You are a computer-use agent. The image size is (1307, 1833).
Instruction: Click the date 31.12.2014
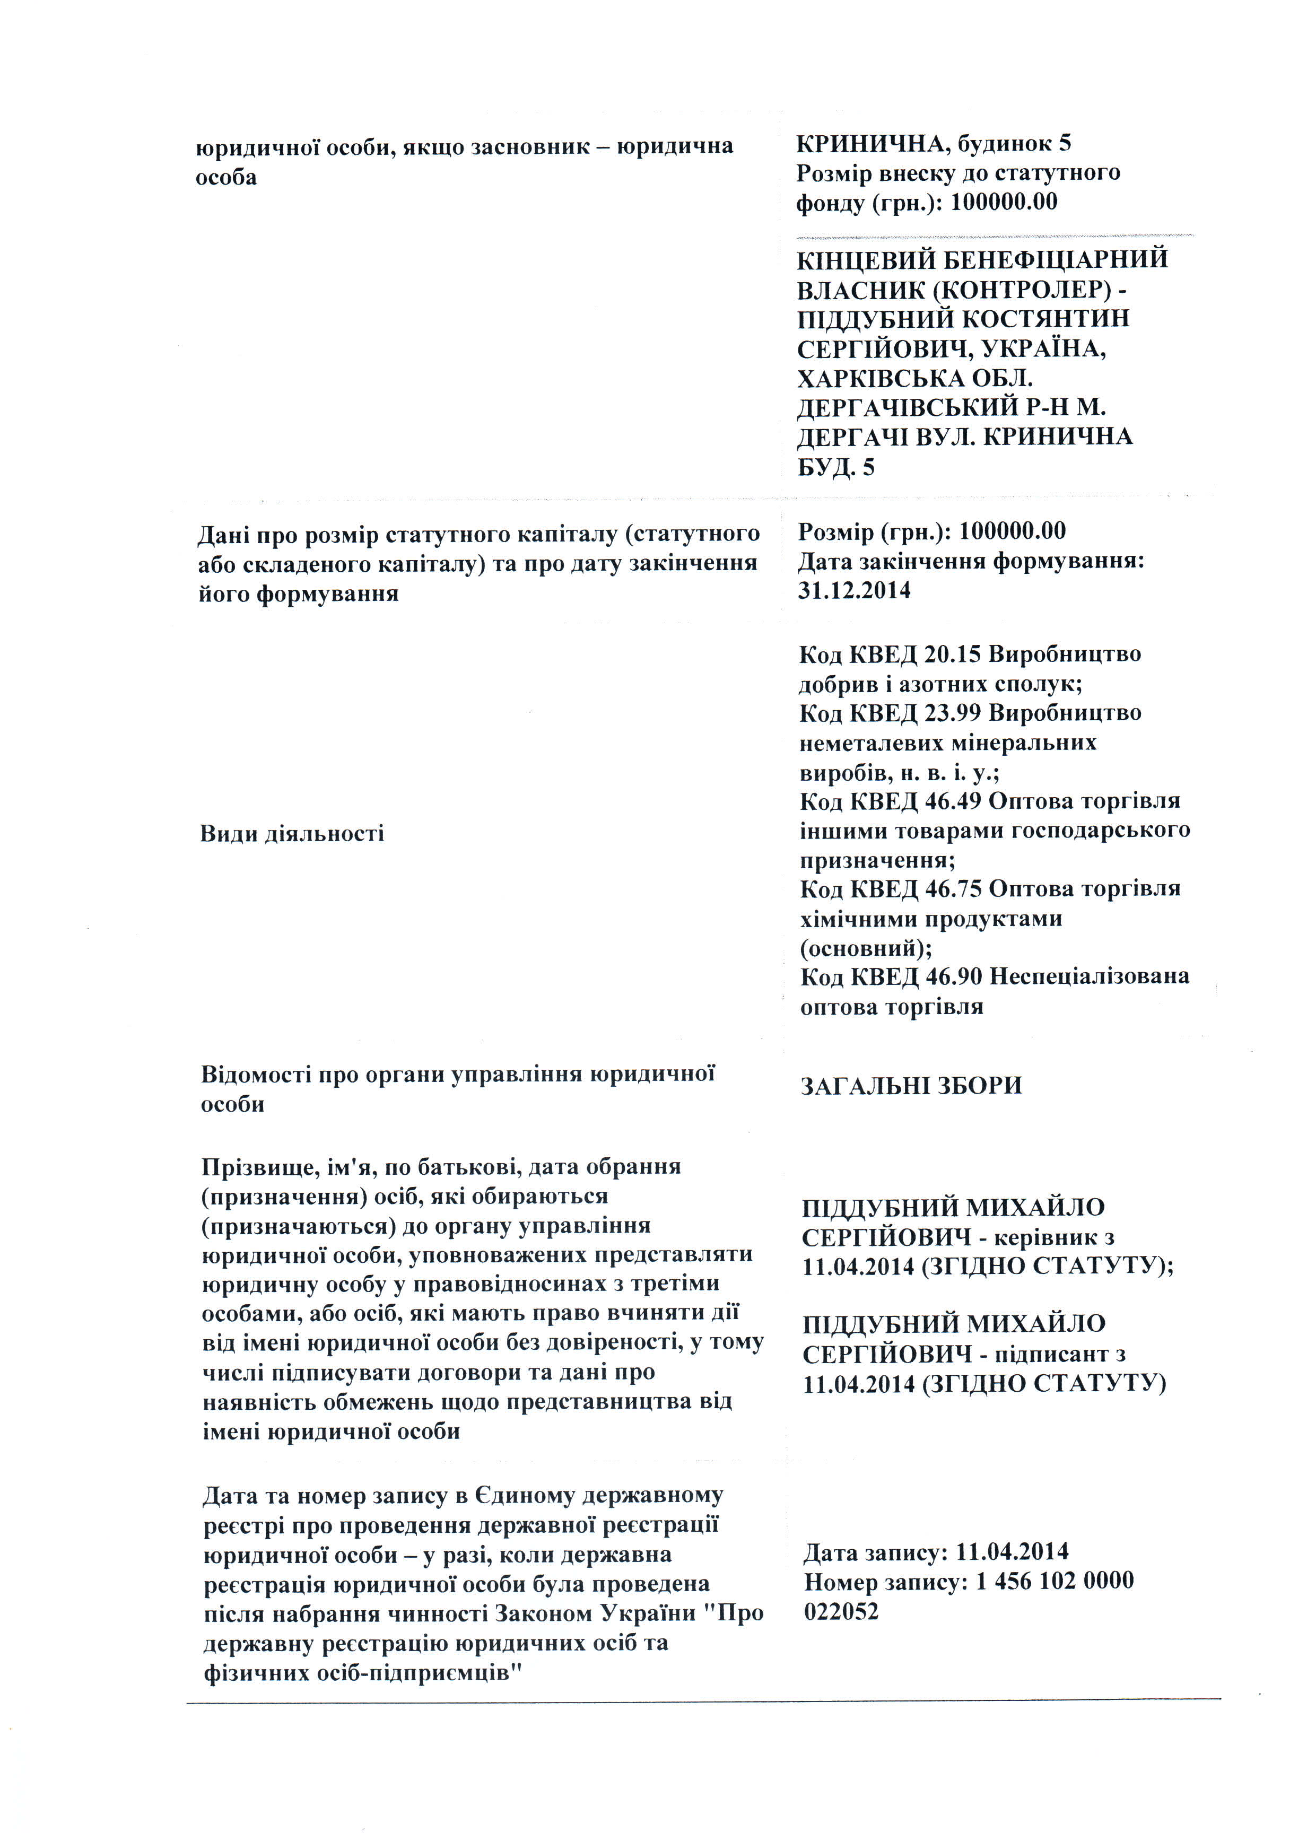tap(854, 591)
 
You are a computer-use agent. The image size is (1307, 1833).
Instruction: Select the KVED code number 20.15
tap(952, 654)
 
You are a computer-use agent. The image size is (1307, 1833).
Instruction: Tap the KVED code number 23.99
tap(953, 713)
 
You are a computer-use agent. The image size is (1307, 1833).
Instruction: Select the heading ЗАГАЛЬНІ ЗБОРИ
tap(911, 1086)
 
